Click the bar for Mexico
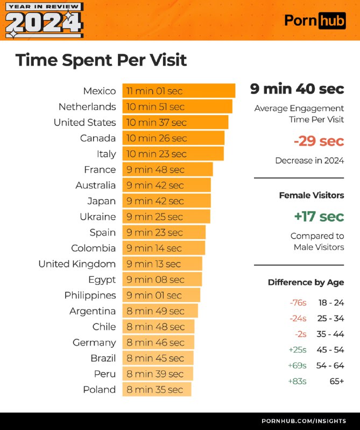[179, 91]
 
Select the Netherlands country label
[87, 106]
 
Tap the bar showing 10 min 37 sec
[175, 122]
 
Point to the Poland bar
[157, 390]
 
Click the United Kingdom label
[77, 264]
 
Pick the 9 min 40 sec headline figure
[297, 89]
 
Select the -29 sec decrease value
[319, 141]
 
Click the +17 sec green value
[319, 217]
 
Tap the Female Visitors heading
[311, 195]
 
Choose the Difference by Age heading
[306, 282]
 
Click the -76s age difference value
[298, 303]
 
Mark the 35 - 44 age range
[330, 334]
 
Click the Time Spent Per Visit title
[101, 60]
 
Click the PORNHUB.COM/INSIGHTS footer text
[303, 421]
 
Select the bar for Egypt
[162, 279]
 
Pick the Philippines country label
[90, 295]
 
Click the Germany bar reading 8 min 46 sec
[158, 342]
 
